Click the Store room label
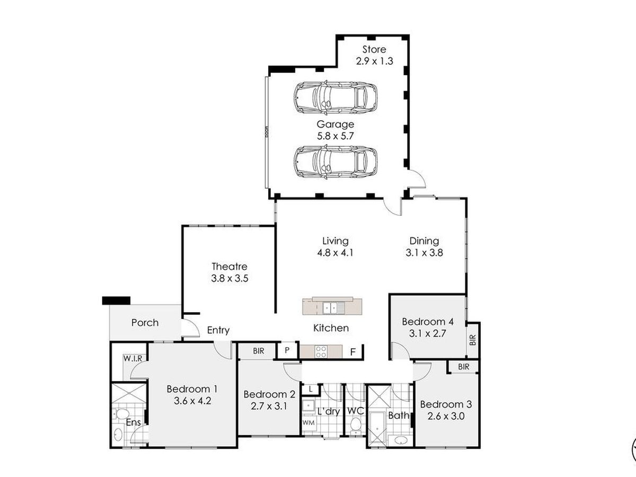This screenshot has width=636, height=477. (374, 49)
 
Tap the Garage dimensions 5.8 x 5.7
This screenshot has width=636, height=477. (335, 136)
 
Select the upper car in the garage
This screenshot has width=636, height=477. (335, 98)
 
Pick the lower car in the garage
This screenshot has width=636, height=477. (335, 162)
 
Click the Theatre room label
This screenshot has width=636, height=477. (229, 267)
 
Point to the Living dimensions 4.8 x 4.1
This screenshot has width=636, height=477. (335, 253)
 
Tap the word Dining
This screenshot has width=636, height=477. (424, 241)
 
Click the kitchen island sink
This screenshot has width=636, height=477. (333, 308)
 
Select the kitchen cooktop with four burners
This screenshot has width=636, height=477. (321, 351)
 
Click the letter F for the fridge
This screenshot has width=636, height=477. (352, 352)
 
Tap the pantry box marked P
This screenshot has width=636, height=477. (287, 350)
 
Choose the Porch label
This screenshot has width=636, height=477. (145, 323)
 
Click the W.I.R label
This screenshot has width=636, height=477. (132, 359)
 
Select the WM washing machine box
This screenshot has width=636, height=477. (309, 423)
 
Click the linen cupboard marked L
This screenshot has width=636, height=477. (311, 390)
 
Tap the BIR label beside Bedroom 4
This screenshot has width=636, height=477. (473, 340)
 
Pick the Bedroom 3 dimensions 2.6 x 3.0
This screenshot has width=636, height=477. (446, 416)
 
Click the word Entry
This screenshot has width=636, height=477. (218, 330)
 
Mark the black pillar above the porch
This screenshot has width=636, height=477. (116, 301)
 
